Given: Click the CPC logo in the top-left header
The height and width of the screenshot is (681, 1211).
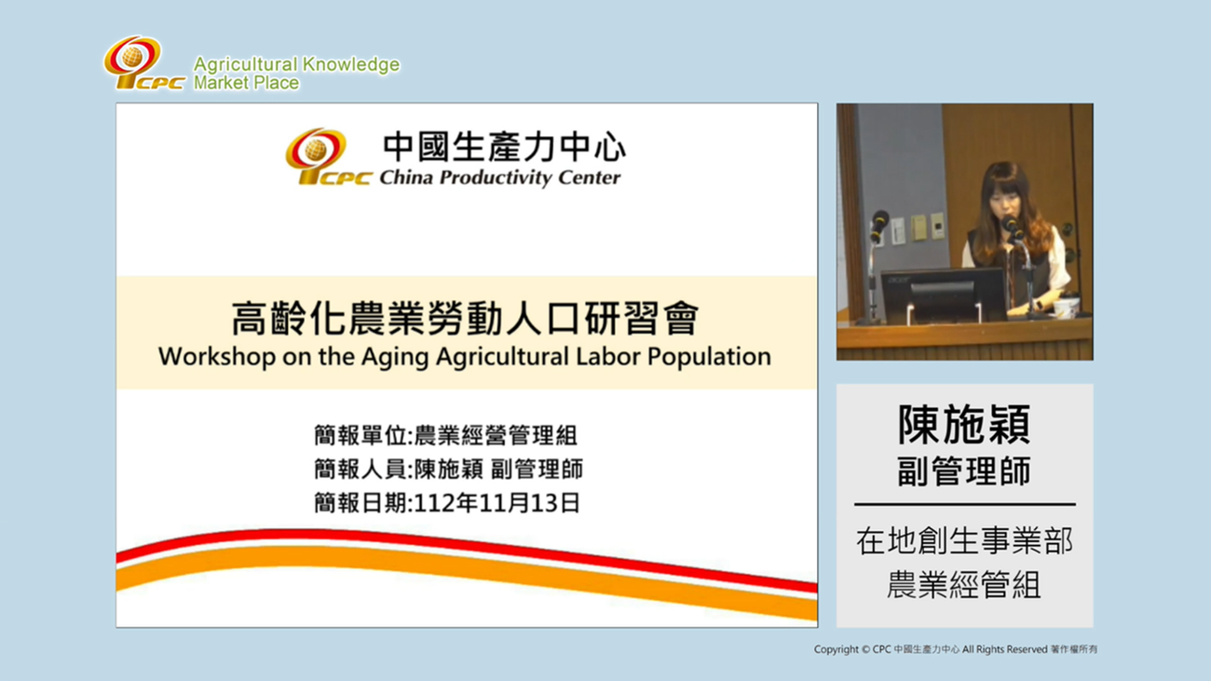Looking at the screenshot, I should tap(143, 63).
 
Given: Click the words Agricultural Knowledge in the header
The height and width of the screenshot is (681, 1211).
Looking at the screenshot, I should tap(296, 64).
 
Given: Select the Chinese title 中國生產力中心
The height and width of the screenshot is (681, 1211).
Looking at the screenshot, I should tap(504, 147).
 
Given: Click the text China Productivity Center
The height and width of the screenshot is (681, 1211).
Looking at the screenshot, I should tap(499, 177).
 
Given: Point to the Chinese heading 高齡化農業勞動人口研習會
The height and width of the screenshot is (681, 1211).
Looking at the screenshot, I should tap(465, 320).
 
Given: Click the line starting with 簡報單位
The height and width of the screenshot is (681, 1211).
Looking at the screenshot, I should tap(446, 435).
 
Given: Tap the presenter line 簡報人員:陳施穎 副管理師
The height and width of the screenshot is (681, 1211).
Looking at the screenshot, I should tap(448, 470).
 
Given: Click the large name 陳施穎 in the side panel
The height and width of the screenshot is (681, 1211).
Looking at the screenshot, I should tap(964, 426).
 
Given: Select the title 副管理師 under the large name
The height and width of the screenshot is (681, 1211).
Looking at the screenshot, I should tap(964, 471).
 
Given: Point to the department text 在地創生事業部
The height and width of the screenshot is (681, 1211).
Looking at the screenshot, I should tap(964, 541).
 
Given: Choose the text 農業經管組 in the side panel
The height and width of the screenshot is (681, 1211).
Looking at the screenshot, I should tap(964, 585).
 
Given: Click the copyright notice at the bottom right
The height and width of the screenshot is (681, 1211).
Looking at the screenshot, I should tap(955, 649).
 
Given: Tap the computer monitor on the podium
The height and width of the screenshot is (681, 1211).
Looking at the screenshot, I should tap(942, 293).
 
